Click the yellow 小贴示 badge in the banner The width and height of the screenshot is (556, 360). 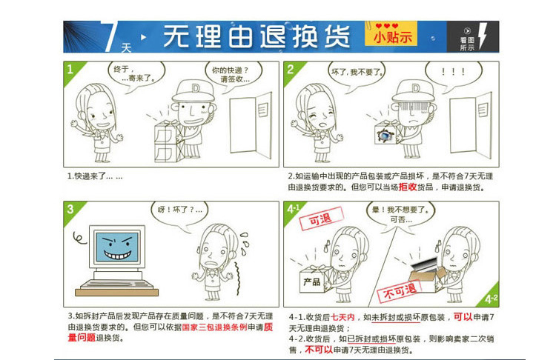pos(391,34)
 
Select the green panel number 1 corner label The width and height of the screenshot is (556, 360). pos(71,70)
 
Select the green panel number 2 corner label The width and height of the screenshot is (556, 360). pos(291,70)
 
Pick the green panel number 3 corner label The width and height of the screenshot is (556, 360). pos(71,208)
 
